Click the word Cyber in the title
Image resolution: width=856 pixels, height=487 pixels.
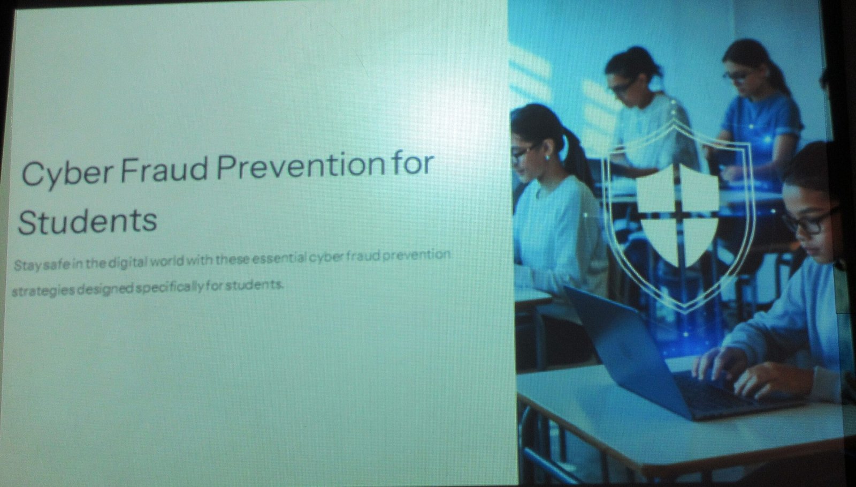(x=67, y=173)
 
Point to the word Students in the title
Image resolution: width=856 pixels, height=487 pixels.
(x=88, y=222)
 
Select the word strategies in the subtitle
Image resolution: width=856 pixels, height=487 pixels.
(x=43, y=291)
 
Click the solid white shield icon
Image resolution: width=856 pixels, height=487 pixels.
(x=677, y=216)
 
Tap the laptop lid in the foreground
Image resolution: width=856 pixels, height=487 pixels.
(x=626, y=349)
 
